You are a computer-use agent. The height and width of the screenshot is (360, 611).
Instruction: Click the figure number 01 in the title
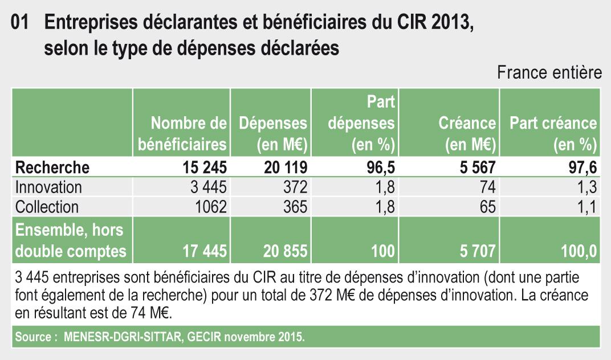[x=21, y=24]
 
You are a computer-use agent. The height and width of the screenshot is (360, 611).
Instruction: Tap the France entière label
[x=549, y=73]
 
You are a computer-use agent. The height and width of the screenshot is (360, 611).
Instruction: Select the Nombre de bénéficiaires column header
[x=182, y=133]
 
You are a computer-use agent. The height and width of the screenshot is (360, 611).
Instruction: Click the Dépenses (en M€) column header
[x=273, y=133]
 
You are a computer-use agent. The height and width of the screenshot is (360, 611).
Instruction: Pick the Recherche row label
[x=52, y=167]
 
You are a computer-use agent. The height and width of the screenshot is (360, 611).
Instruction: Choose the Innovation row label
[x=48, y=187]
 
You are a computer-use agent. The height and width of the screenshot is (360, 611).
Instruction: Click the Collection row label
[x=47, y=206]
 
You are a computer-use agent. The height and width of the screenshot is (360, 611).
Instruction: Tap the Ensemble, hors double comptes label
[x=71, y=240]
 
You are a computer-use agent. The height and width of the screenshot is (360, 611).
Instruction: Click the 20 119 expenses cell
[x=285, y=167]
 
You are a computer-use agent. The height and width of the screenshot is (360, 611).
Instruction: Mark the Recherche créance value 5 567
[x=473, y=167]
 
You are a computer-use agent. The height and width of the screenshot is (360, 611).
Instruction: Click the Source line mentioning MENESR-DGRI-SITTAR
[x=160, y=337]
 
